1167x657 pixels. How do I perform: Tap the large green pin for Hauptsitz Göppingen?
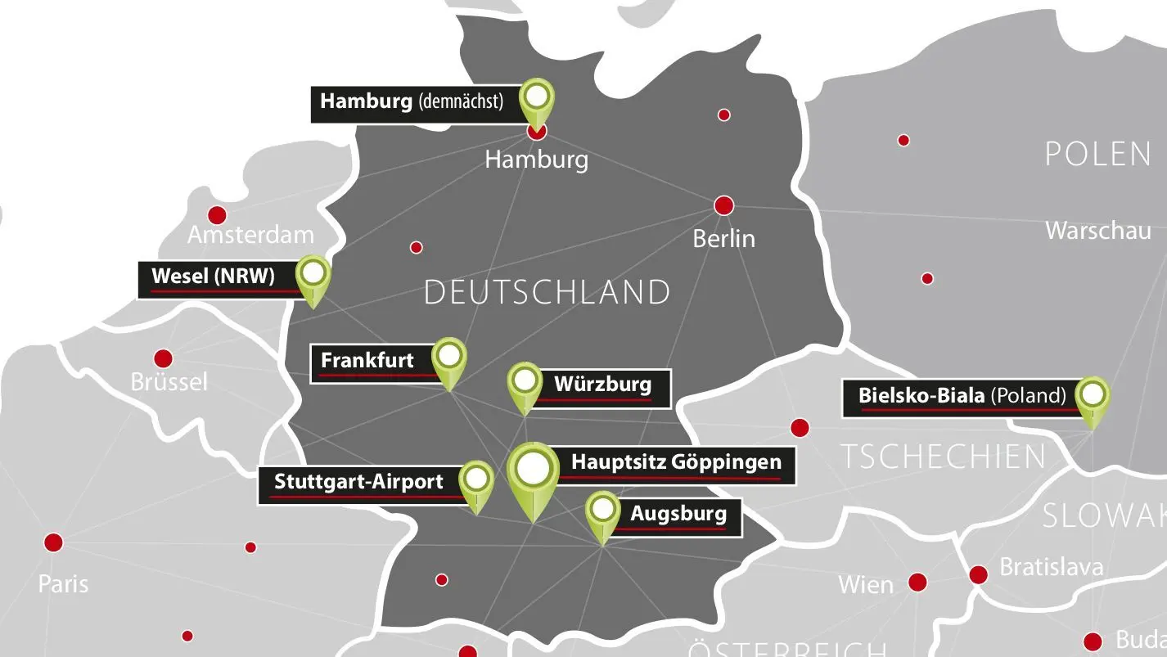(x=533, y=470)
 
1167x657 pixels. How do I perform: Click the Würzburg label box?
(x=602, y=385)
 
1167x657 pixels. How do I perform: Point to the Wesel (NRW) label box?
(x=215, y=277)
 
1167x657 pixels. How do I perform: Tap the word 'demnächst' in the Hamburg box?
(x=460, y=102)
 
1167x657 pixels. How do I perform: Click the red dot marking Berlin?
(x=723, y=205)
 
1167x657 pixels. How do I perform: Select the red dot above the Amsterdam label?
(x=217, y=216)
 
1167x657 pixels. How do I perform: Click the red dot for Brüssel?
(x=164, y=358)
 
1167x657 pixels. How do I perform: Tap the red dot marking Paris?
(x=54, y=542)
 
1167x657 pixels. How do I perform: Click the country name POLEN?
(x=1097, y=154)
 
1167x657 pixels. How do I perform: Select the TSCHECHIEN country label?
(x=944, y=457)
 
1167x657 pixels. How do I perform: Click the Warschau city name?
(x=1097, y=231)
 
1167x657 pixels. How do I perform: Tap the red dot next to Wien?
(x=917, y=582)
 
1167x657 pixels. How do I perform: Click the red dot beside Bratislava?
(x=978, y=575)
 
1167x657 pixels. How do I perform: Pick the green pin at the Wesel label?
(x=313, y=274)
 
